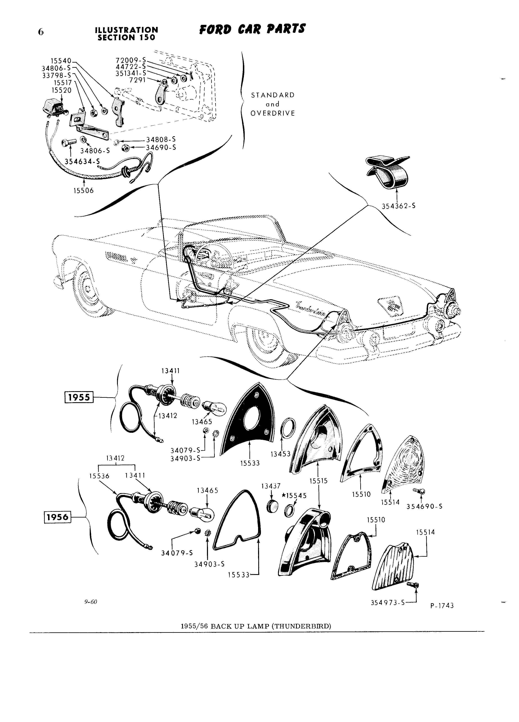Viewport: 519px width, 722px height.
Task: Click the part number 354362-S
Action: click(x=398, y=206)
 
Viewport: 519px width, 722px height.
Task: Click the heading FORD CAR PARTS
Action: click(x=252, y=30)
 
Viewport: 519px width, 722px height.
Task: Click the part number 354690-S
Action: click(x=424, y=506)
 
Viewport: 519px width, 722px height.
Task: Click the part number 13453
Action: click(x=281, y=454)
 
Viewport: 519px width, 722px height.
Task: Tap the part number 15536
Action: click(x=99, y=476)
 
